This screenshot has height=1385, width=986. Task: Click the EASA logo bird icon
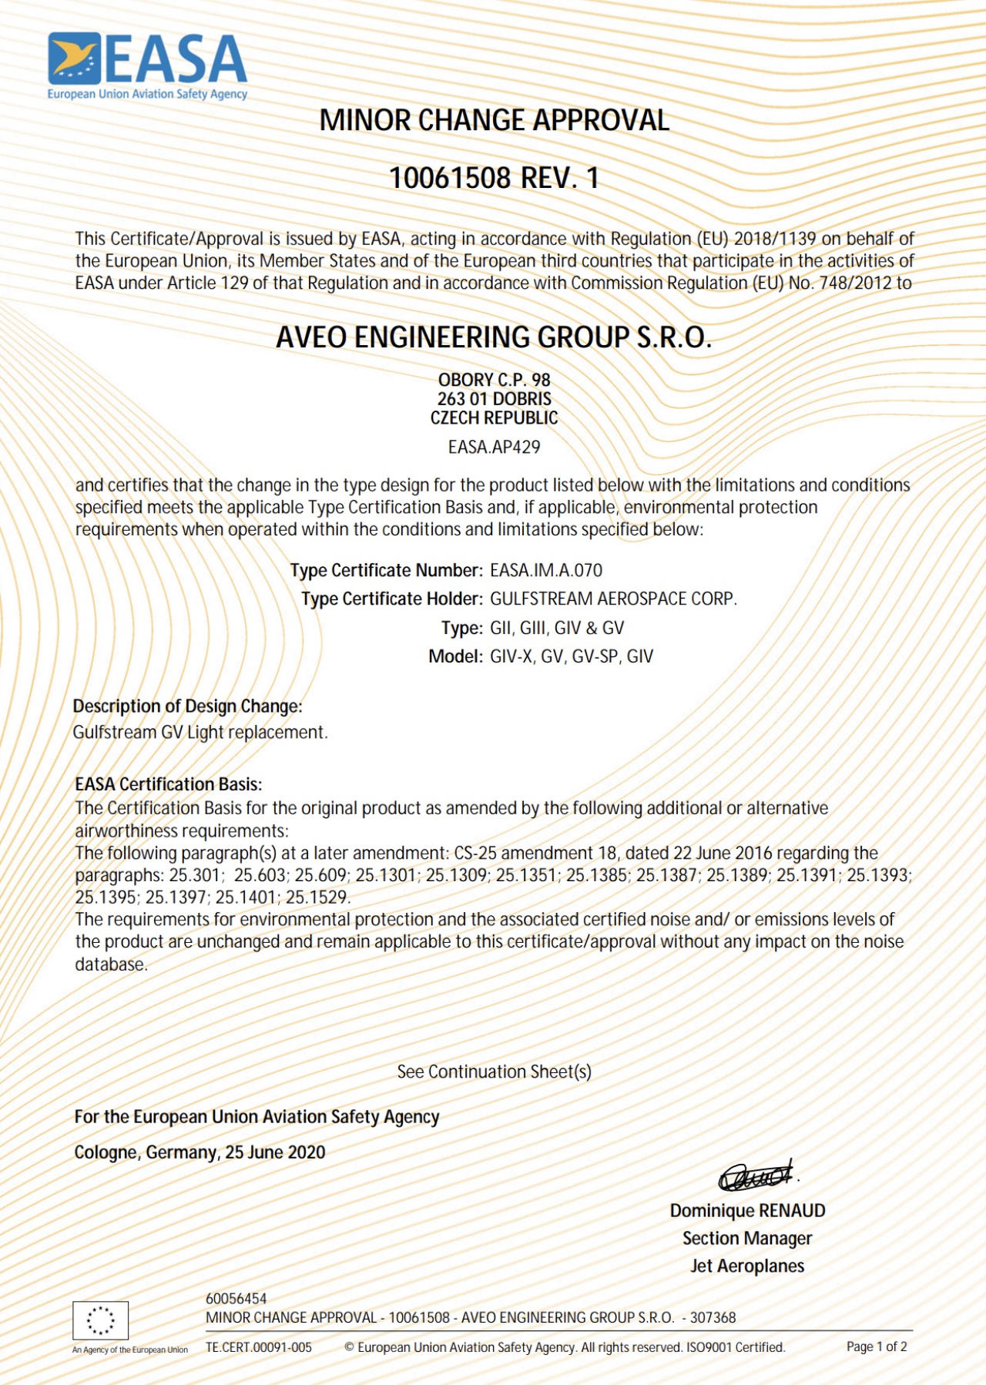(x=75, y=58)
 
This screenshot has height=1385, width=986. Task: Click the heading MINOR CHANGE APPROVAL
(x=494, y=120)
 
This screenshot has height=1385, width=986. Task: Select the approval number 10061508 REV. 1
(x=494, y=178)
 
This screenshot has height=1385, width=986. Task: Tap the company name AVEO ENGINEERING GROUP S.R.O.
(x=494, y=337)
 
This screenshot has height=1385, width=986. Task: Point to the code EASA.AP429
(x=494, y=447)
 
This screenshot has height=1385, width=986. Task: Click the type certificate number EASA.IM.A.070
(x=546, y=571)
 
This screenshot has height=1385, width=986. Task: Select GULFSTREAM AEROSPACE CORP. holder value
(x=613, y=599)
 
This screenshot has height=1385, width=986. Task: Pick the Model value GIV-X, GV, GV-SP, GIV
(x=572, y=657)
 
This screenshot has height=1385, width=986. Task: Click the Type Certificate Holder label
(x=391, y=599)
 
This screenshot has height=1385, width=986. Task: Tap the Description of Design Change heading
(x=187, y=706)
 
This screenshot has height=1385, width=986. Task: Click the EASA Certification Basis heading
(x=168, y=784)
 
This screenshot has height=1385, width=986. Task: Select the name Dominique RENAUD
(x=747, y=1211)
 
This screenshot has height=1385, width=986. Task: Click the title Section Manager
(x=747, y=1239)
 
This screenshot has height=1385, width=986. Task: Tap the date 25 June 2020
(x=275, y=1152)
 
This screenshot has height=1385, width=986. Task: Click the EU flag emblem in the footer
(x=100, y=1320)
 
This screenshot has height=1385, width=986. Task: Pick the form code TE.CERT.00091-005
(x=259, y=1347)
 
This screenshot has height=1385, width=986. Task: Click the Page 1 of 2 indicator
(x=877, y=1346)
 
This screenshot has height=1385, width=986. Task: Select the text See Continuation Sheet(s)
(x=494, y=1071)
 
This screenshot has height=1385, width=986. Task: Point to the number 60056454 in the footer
(x=236, y=1299)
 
